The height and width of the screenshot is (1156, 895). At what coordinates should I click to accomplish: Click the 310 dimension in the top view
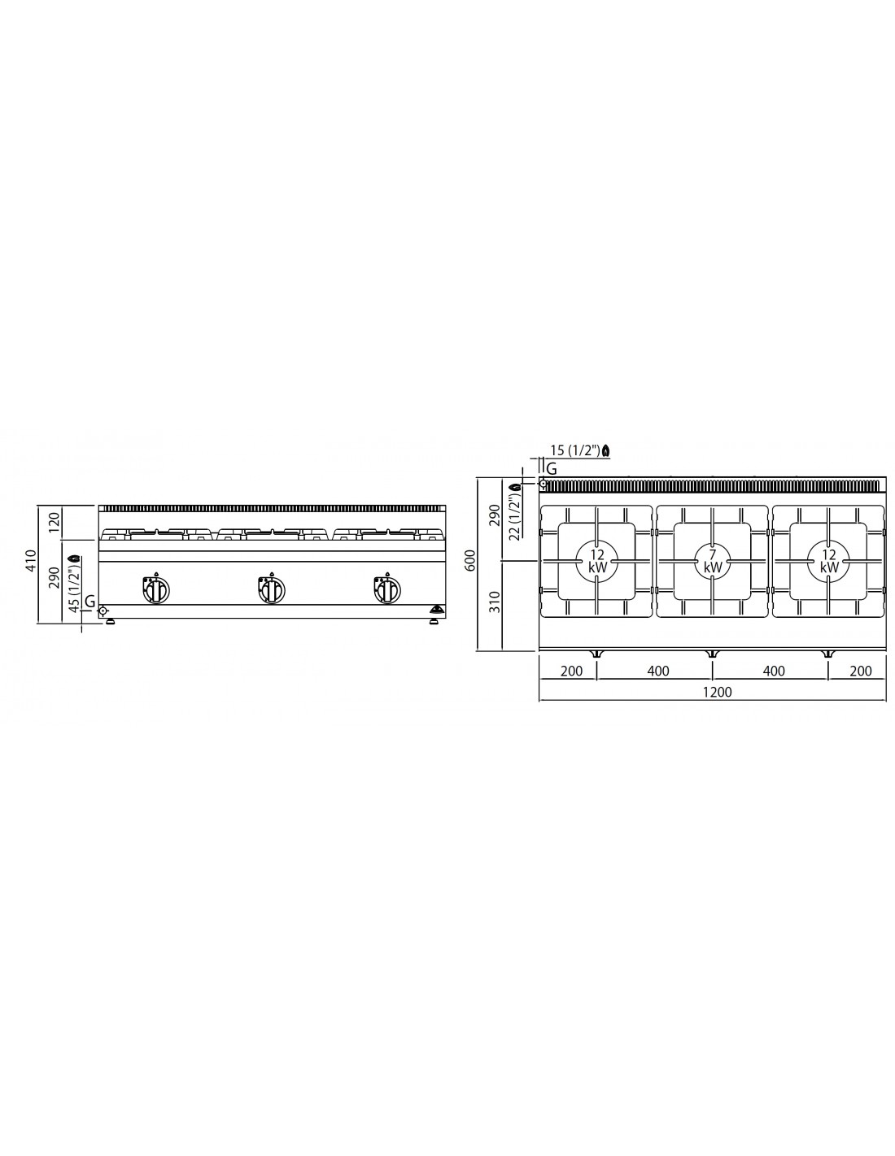pos(496,602)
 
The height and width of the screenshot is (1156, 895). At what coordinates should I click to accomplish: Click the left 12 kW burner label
pos(597,561)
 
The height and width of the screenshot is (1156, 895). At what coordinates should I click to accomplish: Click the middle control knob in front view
pos(272,589)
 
